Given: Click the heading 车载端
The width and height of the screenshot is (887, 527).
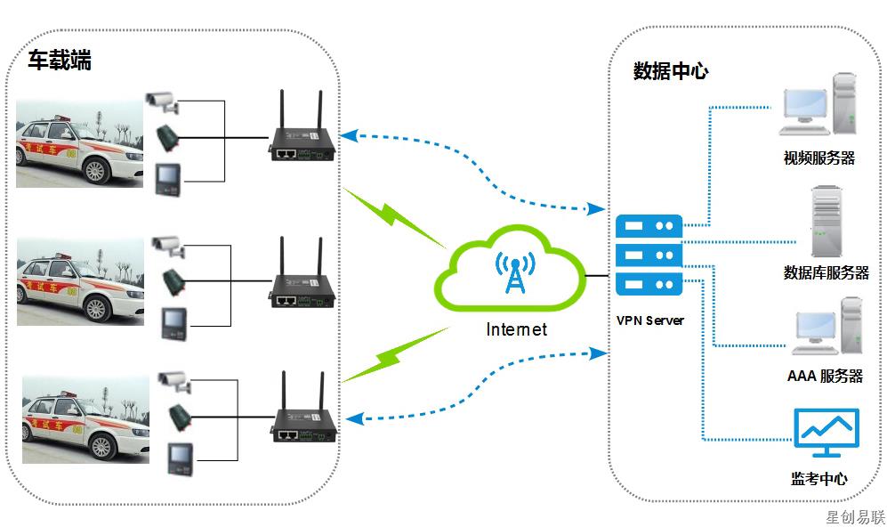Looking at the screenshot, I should click(x=59, y=61).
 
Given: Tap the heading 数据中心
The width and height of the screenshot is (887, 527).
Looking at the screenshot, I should click(x=670, y=71).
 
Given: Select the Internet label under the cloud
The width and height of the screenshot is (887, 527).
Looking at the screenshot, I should click(x=516, y=329).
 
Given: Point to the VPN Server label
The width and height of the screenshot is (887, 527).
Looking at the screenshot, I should click(x=649, y=320).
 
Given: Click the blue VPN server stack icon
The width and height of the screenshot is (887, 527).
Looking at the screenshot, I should click(x=649, y=255).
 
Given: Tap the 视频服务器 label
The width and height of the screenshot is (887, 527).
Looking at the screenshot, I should click(x=818, y=158).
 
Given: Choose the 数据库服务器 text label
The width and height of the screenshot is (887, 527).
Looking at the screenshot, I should click(x=826, y=272).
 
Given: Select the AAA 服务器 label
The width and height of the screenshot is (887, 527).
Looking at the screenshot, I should click(x=825, y=376).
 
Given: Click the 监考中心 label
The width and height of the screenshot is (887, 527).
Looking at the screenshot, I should click(x=818, y=479).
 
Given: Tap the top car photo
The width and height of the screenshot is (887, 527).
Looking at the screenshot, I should click(x=80, y=142).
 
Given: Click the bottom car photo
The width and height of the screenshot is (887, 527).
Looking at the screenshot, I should click(x=85, y=418).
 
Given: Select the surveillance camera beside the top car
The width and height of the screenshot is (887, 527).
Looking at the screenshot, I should click(x=163, y=101).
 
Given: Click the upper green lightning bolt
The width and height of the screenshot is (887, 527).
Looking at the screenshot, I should click(x=391, y=216).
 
